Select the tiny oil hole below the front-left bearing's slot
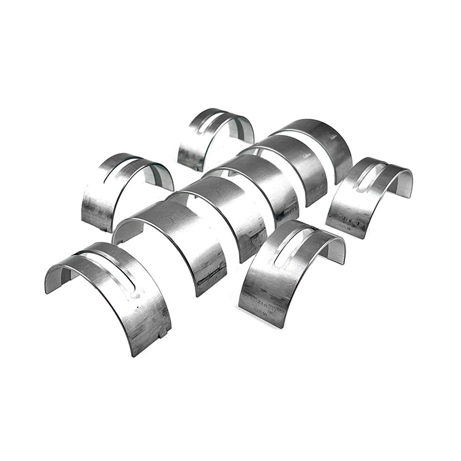(x=137, y=308)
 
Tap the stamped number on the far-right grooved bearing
(x=348, y=221)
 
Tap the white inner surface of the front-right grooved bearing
(x=334, y=250)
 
